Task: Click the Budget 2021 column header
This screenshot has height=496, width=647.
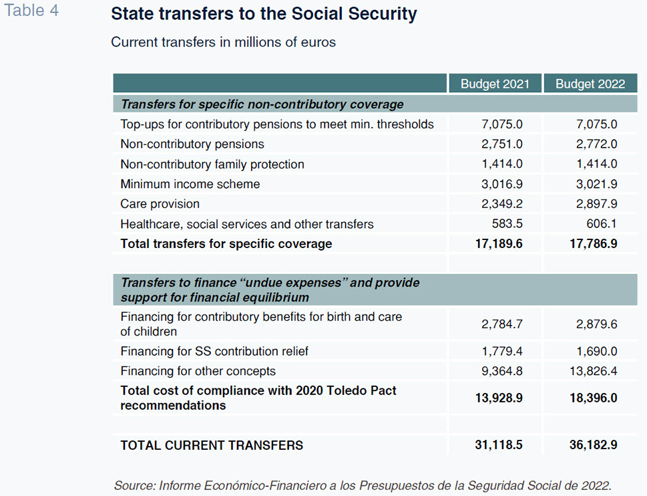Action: point(495,84)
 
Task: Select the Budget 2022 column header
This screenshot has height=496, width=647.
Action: point(590,84)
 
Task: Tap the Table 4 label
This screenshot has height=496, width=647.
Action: point(31,10)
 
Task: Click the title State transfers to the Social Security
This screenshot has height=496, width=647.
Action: point(264,13)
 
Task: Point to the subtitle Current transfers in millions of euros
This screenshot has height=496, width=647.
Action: point(223,42)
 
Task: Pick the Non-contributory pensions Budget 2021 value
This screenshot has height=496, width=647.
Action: point(501,144)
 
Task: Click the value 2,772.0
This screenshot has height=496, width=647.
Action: point(597,144)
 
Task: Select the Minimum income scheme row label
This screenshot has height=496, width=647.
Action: point(190,184)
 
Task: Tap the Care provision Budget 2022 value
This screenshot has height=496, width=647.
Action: point(597,204)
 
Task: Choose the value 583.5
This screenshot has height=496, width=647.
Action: point(507,223)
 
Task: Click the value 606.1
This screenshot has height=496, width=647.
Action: point(602,223)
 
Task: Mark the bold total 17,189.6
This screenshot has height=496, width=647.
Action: point(499,244)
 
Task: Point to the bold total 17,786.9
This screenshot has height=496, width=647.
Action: point(594,244)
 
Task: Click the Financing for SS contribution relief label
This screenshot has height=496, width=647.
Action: point(214,351)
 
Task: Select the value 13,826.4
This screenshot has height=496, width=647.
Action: point(594,371)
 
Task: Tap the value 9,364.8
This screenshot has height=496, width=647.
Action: point(501,371)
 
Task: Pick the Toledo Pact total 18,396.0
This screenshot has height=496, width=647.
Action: point(594,398)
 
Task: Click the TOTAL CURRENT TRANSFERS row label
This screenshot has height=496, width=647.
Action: point(212,445)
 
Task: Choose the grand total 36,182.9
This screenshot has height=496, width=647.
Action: point(594,445)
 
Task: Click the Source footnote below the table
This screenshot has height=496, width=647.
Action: point(363,485)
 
